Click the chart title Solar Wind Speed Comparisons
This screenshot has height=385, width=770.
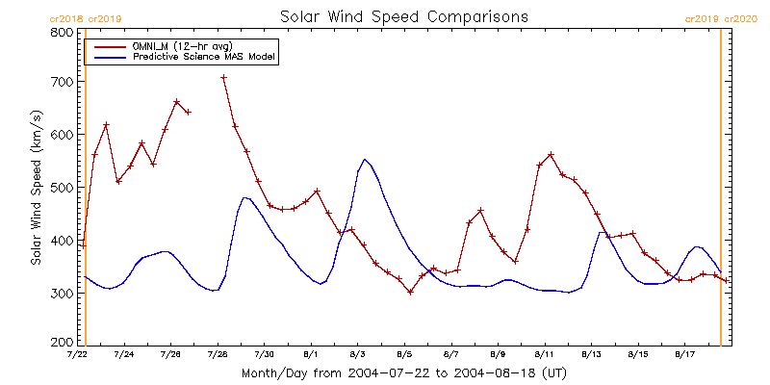coord(403,16)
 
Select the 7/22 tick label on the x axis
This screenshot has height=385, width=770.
coord(77,355)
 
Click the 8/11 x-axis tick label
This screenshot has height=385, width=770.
coord(544,355)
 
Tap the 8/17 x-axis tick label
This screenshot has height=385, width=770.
coord(684,355)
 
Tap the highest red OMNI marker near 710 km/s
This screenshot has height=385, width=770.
coord(223,78)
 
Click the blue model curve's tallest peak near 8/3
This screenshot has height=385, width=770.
coord(365,160)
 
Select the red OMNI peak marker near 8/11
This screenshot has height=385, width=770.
coord(551,154)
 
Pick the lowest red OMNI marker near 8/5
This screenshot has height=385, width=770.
coord(410,292)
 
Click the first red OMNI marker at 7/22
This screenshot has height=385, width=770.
coord(84,245)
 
